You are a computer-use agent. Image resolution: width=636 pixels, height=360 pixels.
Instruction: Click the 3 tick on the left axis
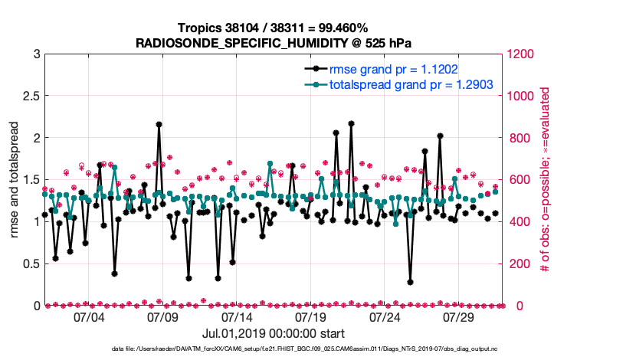point(35,54)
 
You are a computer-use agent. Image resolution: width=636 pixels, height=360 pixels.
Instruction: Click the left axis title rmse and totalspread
point(15,180)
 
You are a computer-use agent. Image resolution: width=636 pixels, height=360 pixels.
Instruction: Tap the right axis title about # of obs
point(545,180)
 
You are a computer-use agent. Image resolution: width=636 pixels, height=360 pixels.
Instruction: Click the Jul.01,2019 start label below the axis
point(273,334)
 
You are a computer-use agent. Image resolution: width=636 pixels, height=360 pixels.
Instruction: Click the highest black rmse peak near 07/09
point(159,124)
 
